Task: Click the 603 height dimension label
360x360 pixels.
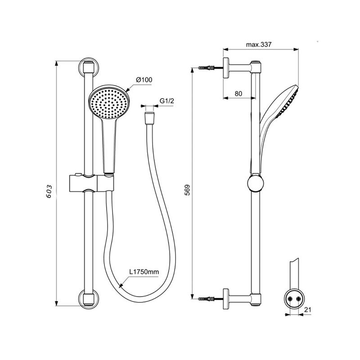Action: click(x=49, y=191)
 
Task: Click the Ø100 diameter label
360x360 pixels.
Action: click(x=144, y=80)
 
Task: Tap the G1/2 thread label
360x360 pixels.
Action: click(x=166, y=101)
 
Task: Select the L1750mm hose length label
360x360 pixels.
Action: click(x=144, y=272)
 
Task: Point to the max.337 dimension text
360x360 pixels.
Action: click(x=258, y=45)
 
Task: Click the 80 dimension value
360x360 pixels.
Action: click(x=238, y=94)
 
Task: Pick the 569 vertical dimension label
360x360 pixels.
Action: click(x=188, y=189)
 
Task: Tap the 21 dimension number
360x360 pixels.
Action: click(x=307, y=310)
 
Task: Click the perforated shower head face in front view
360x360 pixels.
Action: click(x=109, y=103)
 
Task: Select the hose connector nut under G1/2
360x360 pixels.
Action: click(x=150, y=118)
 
